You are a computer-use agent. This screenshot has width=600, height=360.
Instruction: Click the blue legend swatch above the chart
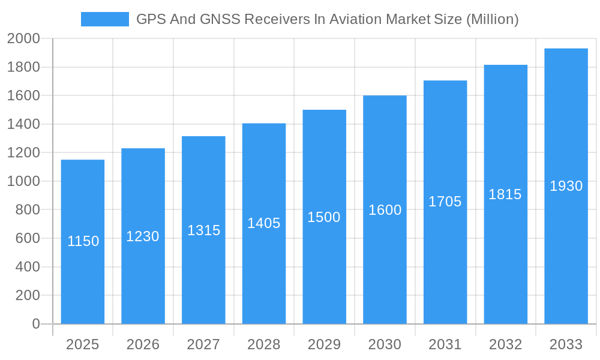pyautogui.click(x=104, y=19)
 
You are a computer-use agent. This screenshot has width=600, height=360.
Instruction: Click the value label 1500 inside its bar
pyautogui.click(x=324, y=217)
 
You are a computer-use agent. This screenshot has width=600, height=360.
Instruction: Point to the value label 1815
pyautogui.click(x=505, y=194)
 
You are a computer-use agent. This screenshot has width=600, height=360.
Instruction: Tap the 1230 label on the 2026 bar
pyautogui.click(x=143, y=236)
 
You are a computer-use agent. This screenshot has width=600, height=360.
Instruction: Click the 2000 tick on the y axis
pyautogui.click(x=23, y=38)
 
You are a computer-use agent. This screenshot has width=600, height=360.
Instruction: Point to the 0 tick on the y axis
pyautogui.click(x=35, y=324)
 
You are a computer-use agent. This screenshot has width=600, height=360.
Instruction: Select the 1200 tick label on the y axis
pyautogui.click(x=23, y=153)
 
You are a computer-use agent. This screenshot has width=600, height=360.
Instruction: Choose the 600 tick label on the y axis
pyautogui.click(x=28, y=238)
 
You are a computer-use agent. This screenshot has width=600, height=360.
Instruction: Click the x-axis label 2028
pyautogui.click(x=263, y=345)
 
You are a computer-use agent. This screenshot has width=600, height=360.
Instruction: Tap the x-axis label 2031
pyautogui.click(x=445, y=345)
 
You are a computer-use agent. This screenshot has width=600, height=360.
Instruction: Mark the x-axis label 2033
pyautogui.click(x=566, y=345)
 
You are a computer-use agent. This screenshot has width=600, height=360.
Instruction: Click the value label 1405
pyautogui.click(x=264, y=223)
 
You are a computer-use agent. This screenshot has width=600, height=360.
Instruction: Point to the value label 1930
pyautogui.click(x=566, y=186)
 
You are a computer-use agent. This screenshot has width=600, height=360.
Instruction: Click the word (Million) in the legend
pyautogui.click(x=492, y=19)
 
